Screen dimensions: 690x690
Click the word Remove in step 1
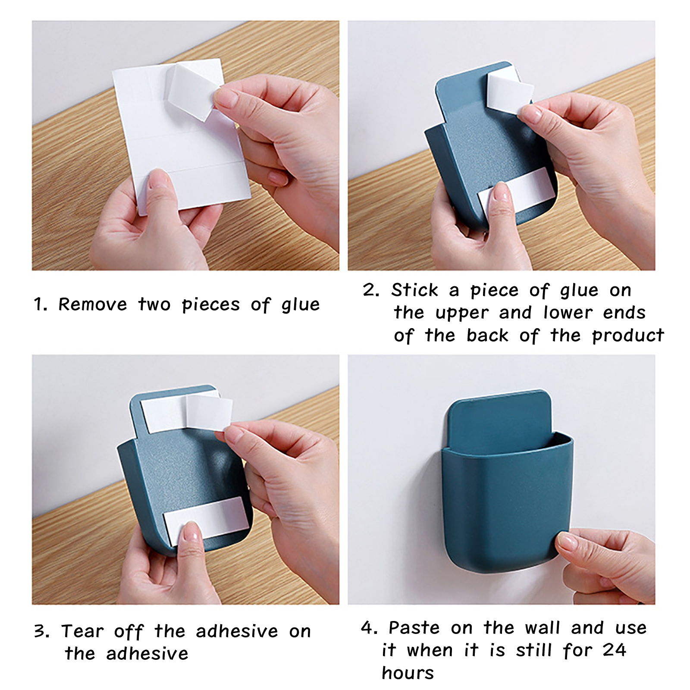click(x=93, y=304)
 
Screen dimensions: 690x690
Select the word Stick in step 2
click(x=414, y=290)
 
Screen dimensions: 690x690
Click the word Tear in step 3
click(x=82, y=631)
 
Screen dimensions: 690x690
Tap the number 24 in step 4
click(x=615, y=650)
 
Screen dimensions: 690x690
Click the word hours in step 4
click(x=408, y=672)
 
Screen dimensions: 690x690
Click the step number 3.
click(x=42, y=632)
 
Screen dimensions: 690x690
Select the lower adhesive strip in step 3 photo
click(x=206, y=521)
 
